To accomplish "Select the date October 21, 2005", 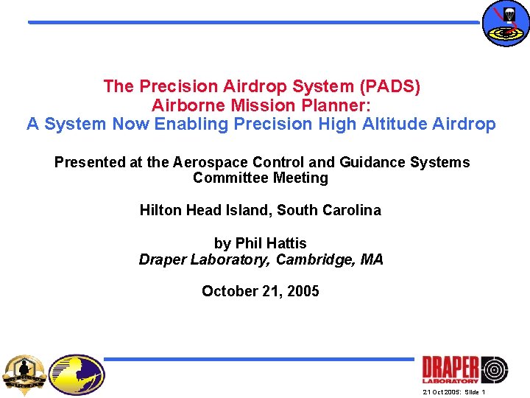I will click(261, 291).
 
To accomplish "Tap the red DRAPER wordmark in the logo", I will click(451, 368).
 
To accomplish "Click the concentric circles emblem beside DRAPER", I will click(494, 369).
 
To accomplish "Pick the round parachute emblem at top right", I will click(505, 24).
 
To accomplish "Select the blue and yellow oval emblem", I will click(77, 374).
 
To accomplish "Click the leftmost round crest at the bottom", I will click(25, 374).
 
